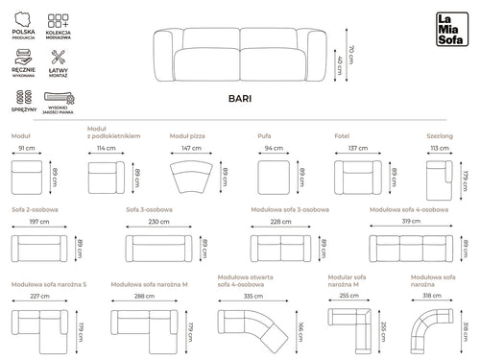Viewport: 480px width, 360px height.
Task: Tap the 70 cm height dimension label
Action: pos(350,50)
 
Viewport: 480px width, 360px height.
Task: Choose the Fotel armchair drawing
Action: pos(357,178)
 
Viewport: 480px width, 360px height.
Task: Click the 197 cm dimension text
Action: pos(38,222)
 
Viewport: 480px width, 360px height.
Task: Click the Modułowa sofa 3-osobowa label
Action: pos(291,209)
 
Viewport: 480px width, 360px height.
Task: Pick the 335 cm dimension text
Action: pos(253,297)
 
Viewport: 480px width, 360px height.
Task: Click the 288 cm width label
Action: pos(144,297)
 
